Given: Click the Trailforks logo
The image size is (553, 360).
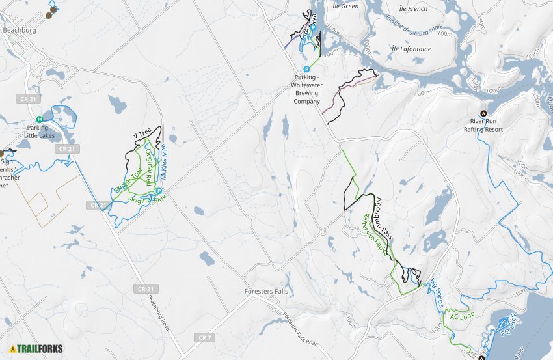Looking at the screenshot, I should click(x=36, y=348).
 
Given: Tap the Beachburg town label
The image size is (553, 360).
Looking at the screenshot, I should click(x=20, y=30).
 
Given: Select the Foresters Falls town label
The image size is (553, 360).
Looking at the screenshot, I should click(x=265, y=291).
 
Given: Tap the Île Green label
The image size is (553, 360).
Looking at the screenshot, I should click(x=345, y=7).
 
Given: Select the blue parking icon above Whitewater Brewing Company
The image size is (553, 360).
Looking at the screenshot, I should click(x=306, y=70).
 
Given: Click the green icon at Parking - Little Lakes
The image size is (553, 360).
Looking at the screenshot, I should click(x=40, y=119).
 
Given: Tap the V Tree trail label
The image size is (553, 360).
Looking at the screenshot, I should click(x=141, y=135).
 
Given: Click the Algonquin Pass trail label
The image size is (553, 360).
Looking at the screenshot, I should click(x=384, y=214).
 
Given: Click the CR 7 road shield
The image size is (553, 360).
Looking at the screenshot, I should click(x=204, y=337).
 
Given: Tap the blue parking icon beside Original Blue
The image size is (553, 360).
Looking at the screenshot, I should click(x=159, y=191).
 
